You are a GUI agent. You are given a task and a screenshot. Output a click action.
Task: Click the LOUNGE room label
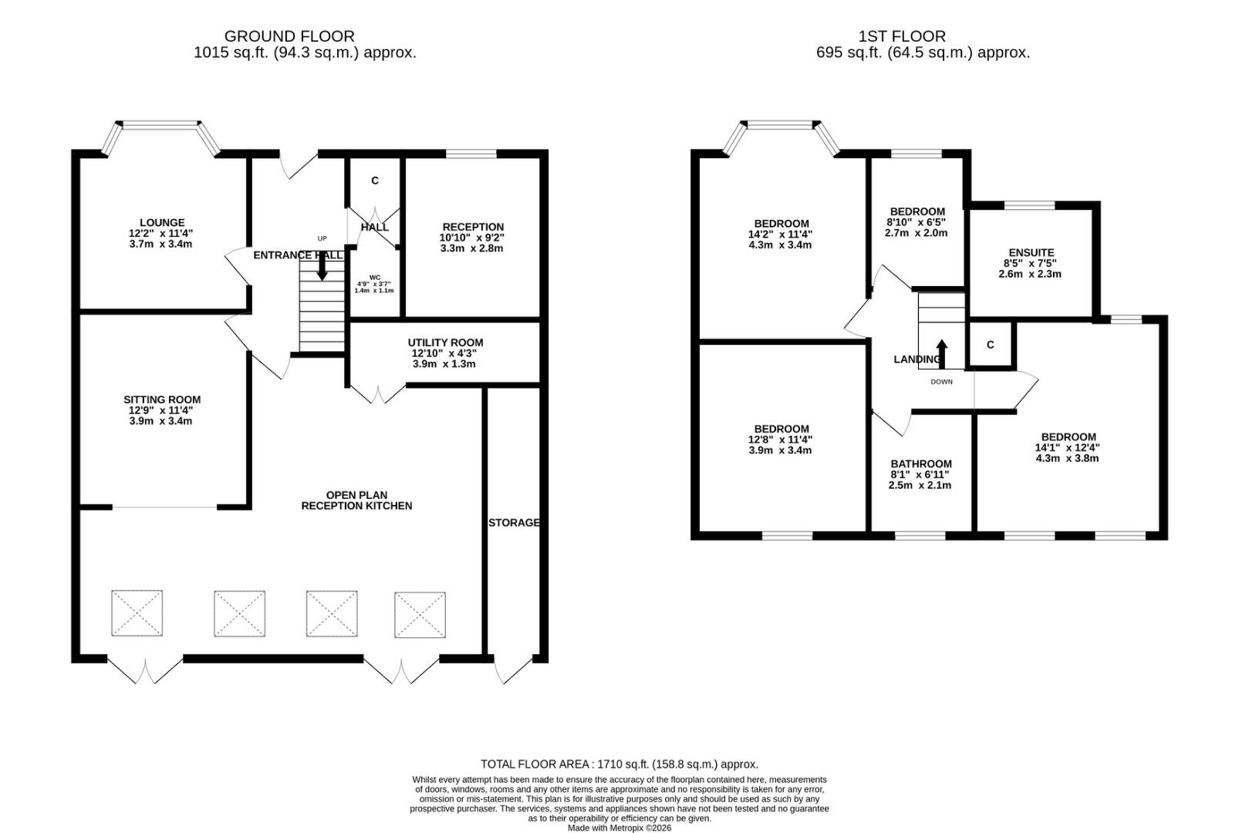click(x=161, y=223)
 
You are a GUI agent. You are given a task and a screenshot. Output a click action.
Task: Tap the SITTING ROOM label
click(x=161, y=400)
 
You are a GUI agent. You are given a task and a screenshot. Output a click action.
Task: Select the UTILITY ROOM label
click(x=445, y=343)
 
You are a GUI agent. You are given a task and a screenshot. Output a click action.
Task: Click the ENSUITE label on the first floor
click(x=1031, y=253)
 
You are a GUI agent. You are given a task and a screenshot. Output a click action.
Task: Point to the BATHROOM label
click(x=920, y=464)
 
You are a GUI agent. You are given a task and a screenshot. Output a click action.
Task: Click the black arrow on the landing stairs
click(x=942, y=354)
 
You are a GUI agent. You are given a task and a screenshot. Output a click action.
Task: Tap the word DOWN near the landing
click(x=941, y=382)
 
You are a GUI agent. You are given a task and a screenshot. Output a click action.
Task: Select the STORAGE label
click(x=514, y=523)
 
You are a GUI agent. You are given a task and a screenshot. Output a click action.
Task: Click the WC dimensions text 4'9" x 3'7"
click(x=374, y=284)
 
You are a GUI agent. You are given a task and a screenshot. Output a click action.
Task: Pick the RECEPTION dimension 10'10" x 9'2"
click(x=472, y=238)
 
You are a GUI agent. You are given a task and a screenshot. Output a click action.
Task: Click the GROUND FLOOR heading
click(x=289, y=36)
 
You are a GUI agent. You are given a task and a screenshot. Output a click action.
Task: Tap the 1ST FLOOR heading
click(x=902, y=36)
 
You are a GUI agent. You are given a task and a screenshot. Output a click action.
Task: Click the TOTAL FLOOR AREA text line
click(x=619, y=764)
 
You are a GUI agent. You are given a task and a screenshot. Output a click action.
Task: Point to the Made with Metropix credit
click(x=619, y=828)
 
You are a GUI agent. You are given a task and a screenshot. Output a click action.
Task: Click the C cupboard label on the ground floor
click(x=375, y=181)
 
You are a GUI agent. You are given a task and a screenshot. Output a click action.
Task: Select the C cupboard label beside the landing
click(x=990, y=345)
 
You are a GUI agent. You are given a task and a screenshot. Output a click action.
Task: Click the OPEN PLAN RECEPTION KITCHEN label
click(x=356, y=501)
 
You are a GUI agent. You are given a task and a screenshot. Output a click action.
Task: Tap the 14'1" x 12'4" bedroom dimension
click(x=1068, y=447)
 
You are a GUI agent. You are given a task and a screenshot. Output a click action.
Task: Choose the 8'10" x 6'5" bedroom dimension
click(x=917, y=222)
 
